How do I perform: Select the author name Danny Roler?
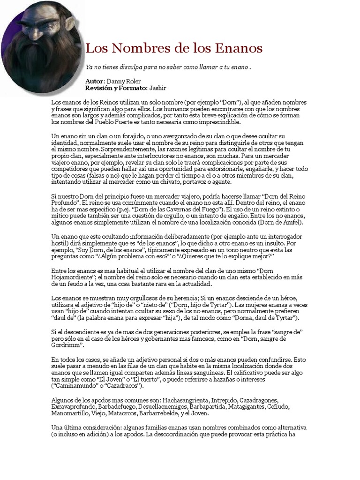click(x=124, y=81)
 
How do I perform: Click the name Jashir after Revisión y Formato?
click(x=158, y=88)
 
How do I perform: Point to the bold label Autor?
click(x=95, y=81)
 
